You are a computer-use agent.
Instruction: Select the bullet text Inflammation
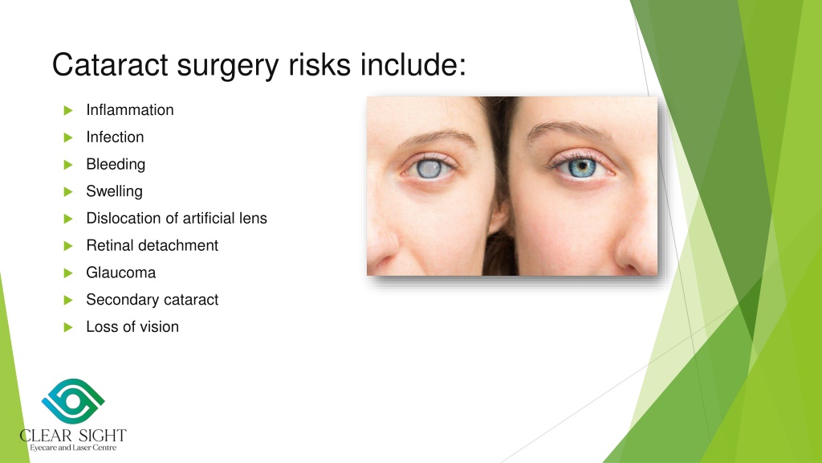click(x=129, y=110)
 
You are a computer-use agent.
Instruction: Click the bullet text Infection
click(x=115, y=137)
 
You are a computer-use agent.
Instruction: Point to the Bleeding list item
click(x=116, y=165)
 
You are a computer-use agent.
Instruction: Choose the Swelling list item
click(x=114, y=192)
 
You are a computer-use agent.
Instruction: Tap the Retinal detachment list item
click(x=152, y=246)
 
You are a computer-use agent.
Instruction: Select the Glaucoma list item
click(x=120, y=273)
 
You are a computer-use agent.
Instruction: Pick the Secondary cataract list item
click(x=152, y=300)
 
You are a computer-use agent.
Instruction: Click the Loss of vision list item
click(x=132, y=327)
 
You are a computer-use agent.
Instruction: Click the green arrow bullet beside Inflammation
click(x=67, y=110)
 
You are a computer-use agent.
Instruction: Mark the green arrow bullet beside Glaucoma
click(x=67, y=273)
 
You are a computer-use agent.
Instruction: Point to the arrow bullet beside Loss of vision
click(x=67, y=327)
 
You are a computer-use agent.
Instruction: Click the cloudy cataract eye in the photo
click(x=425, y=167)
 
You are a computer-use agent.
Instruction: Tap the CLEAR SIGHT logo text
click(x=73, y=436)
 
